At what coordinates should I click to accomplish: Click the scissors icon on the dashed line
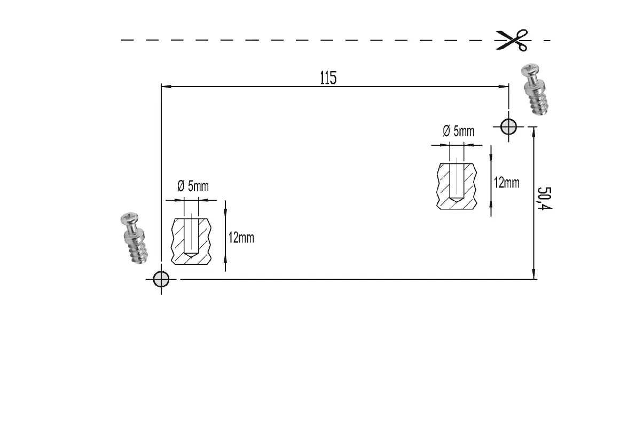(511, 40)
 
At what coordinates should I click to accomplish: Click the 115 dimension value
(328, 78)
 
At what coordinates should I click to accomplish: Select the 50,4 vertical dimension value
(544, 199)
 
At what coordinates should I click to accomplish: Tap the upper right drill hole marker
(508, 127)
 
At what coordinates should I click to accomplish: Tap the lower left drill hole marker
(161, 279)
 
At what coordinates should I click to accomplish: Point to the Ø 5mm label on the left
(193, 186)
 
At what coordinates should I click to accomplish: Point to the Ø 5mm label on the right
(458, 131)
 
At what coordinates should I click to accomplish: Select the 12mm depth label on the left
(241, 238)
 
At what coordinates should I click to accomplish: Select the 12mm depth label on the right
(506, 183)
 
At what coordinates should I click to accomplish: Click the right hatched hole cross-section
(457, 186)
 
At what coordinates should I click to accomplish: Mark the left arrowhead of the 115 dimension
(164, 86)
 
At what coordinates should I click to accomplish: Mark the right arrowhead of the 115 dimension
(505, 86)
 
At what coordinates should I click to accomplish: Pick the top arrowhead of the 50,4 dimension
(533, 130)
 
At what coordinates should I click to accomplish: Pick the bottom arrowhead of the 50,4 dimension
(533, 275)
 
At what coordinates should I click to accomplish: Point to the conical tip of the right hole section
(457, 200)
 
